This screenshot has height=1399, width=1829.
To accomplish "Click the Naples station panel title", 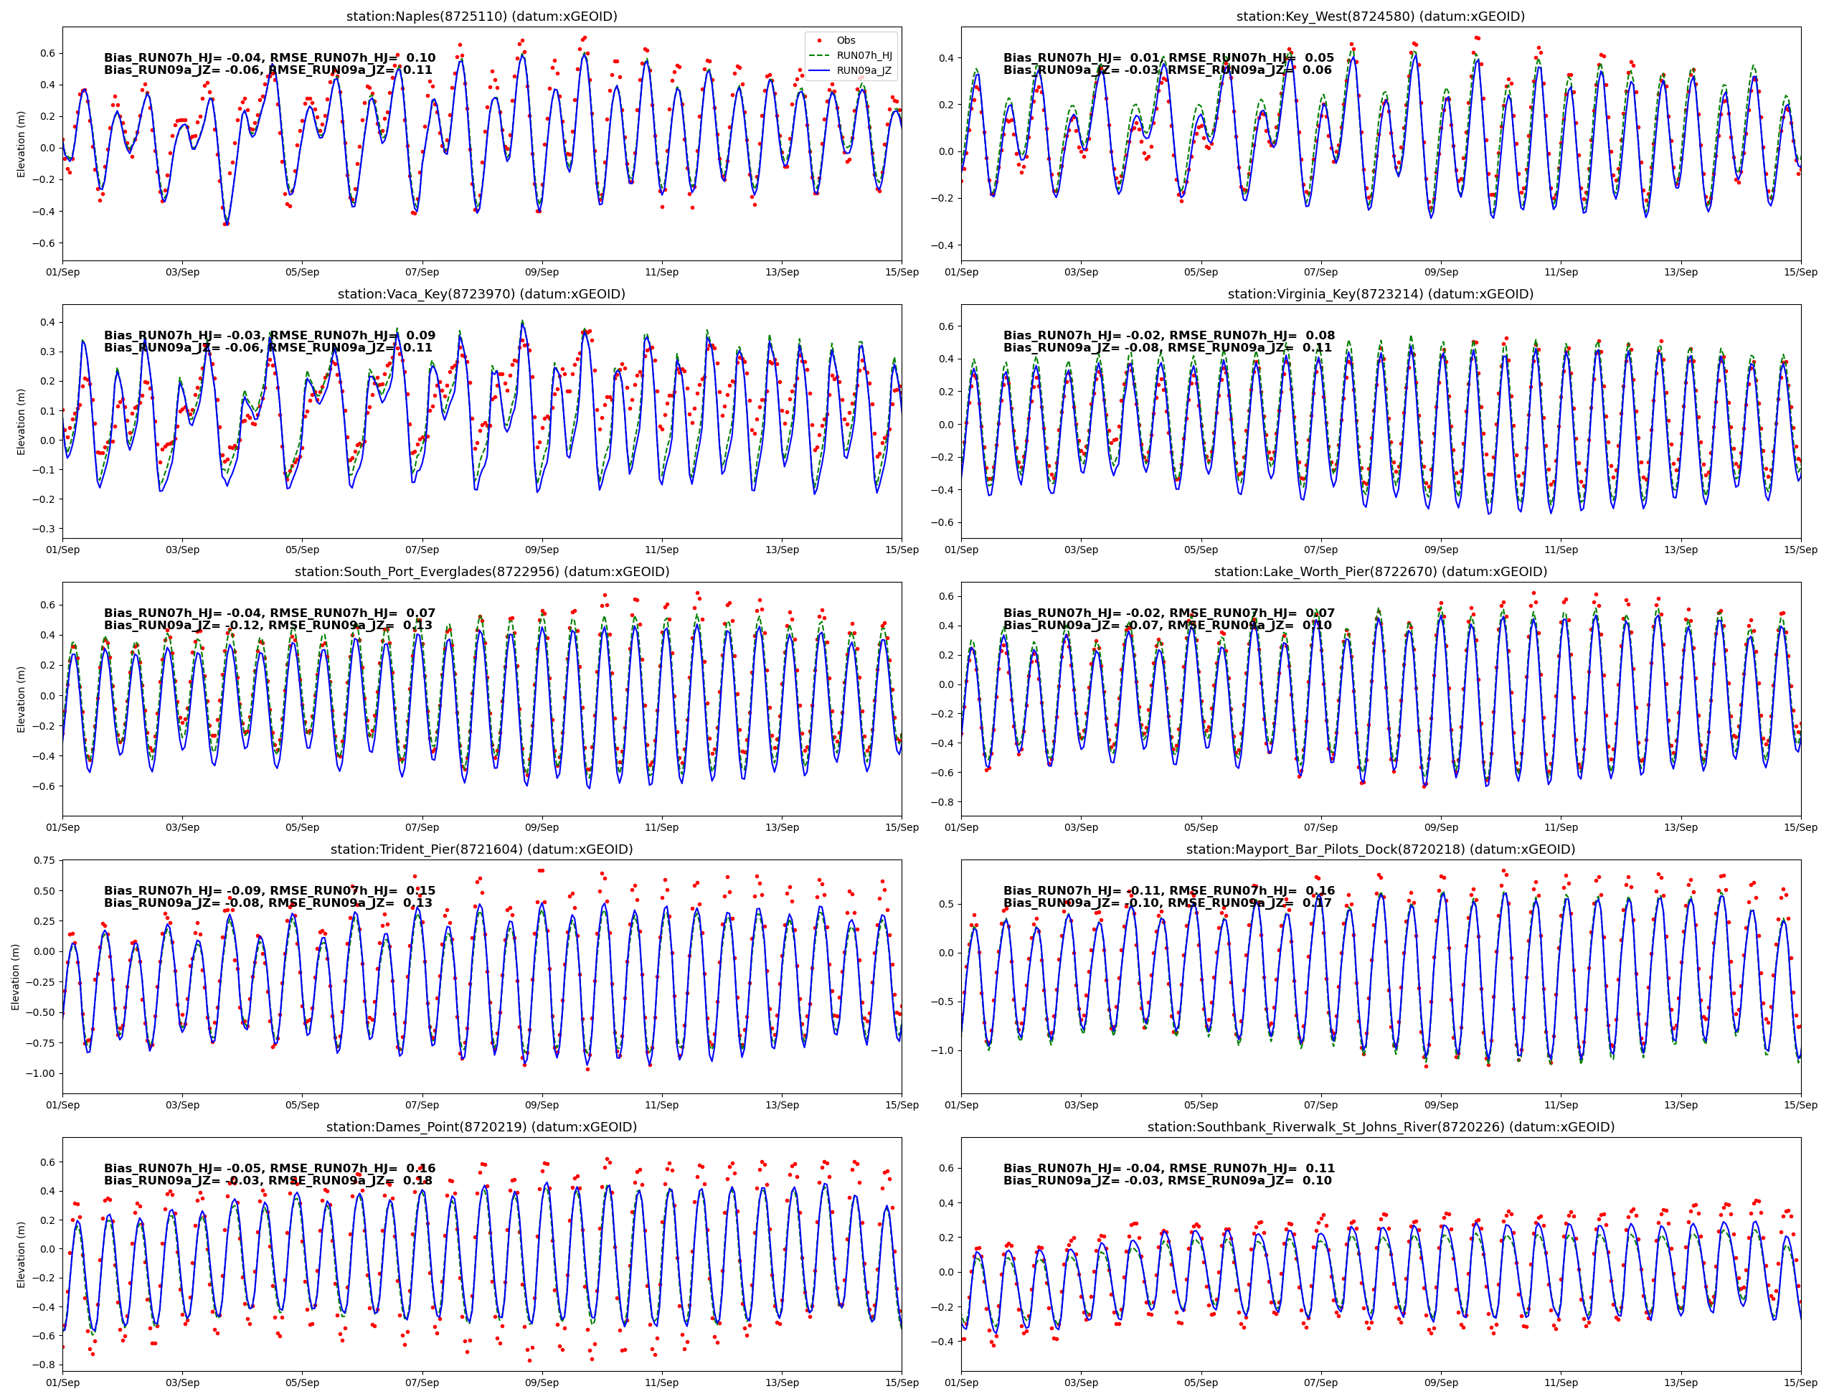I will point(481,17).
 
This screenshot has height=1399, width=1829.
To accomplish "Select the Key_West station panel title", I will point(1380,17).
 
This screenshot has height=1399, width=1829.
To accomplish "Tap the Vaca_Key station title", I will point(481,294).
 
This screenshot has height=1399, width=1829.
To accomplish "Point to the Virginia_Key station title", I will point(1380,294).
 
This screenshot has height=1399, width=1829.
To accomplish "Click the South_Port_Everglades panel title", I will point(481,572).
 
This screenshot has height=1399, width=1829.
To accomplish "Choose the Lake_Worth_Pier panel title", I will point(1380,572).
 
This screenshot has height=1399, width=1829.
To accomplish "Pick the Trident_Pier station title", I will point(481,849).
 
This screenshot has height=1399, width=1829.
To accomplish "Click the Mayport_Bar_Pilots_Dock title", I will point(1380,849).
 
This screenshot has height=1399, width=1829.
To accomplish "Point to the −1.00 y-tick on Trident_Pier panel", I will point(41,1073).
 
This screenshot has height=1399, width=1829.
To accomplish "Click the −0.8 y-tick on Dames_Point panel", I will point(44,1365).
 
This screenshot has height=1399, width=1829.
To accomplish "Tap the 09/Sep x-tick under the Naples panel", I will point(542,273).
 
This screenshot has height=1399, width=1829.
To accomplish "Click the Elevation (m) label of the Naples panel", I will point(22,144).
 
